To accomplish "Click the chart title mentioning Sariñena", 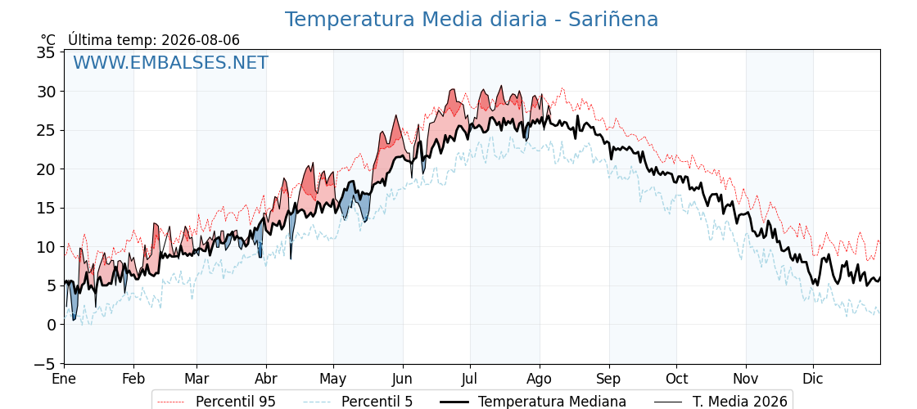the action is tap(472, 20).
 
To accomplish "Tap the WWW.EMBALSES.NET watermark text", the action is tap(170, 62).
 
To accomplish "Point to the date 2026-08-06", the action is tap(201, 40).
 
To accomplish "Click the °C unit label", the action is tap(48, 40).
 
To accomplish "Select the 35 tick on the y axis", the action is tap(46, 52).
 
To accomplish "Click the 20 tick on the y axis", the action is tap(46, 169).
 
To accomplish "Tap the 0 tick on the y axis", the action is tap(51, 325).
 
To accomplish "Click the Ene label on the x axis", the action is tap(64, 380).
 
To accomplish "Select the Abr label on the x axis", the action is tap(266, 380).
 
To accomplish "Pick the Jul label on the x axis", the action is tap(471, 380).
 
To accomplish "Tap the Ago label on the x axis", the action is tap(540, 380).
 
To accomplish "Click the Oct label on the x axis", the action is tap(676, 380).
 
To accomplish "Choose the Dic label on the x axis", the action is tap(813, 380).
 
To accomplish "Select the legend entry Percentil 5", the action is tap(359, 402).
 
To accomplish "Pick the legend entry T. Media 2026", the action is tap(720, 402).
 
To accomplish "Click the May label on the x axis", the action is tap(333, 380).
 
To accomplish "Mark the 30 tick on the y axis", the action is tap(46, 92).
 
